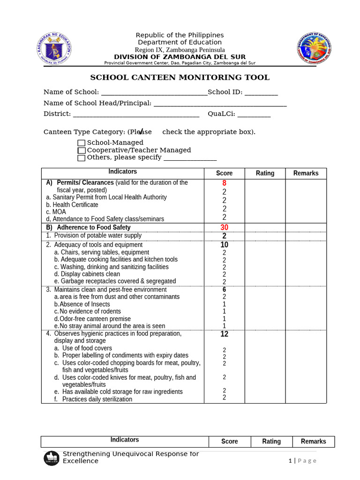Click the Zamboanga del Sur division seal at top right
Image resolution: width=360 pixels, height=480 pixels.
314,49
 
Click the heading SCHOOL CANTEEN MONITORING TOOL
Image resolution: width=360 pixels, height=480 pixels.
180,78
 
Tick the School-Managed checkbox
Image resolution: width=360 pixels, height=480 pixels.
82,143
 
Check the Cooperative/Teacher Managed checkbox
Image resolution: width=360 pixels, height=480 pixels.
82,150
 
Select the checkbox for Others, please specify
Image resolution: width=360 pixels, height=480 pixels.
82,158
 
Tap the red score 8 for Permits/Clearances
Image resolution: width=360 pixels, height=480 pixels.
224,183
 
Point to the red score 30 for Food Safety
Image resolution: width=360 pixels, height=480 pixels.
224,227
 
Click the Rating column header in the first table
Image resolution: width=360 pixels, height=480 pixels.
265,173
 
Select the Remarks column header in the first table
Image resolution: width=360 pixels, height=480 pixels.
306,173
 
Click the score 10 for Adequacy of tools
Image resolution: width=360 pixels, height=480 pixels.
224,245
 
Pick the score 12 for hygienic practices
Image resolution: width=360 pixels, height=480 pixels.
224,334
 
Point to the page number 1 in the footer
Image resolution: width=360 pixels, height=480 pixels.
291,461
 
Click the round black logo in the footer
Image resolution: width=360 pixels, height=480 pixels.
52,458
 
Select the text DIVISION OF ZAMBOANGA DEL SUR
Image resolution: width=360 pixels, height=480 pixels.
180,57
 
